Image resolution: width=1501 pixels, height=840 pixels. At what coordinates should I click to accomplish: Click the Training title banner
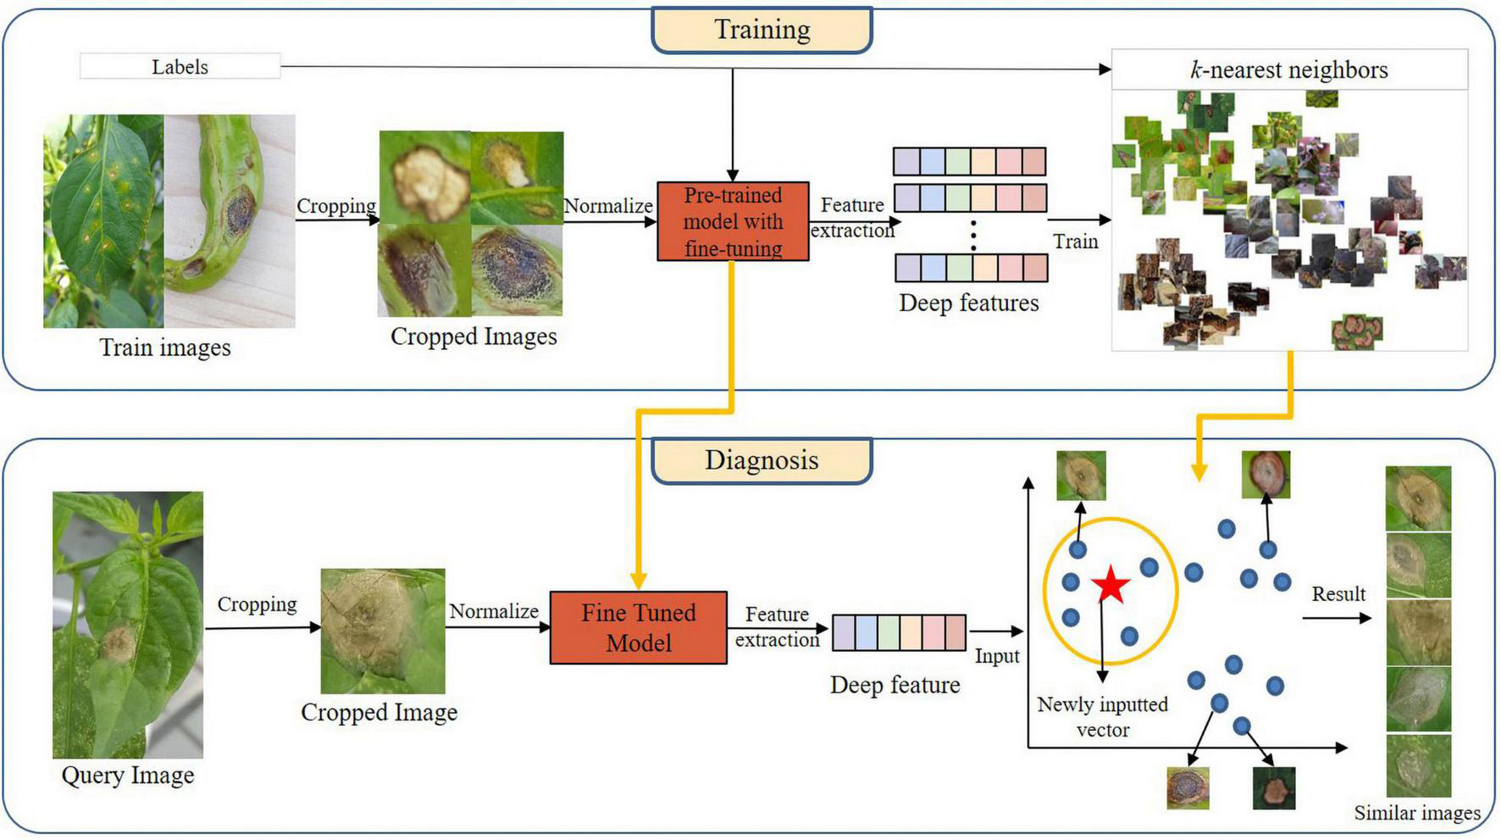click(x=762, y=31)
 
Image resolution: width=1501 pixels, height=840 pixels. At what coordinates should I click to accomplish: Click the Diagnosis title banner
click(x=762, y=460)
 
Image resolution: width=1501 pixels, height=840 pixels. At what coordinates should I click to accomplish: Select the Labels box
click(x=180, y=66)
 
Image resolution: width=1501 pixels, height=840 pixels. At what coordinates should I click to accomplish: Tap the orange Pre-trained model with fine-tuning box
click(x=733, y=221)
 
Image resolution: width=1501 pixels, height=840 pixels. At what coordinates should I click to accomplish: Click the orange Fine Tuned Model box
click(x=638, y=627)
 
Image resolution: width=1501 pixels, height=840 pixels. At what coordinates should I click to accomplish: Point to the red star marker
click(x=1111, y=585)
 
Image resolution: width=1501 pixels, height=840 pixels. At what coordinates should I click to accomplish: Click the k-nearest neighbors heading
click(x=1288, y=70)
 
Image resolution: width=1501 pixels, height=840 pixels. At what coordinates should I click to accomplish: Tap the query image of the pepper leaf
click(x=128, y=625)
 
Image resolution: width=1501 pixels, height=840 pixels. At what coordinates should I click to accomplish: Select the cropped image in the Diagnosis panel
click(x=383, y=631)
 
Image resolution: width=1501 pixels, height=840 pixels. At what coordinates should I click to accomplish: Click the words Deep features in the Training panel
click(x=969, y=303)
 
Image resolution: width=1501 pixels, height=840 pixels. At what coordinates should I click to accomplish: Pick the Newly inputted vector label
click(x=1102, y=717)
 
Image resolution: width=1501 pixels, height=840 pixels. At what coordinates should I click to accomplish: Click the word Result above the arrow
click(x=1338, y=594)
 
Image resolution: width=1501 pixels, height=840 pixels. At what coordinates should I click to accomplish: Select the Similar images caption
click(x=1416, y=813)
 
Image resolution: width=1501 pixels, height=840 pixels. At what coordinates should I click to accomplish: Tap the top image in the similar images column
click(x=1418, y=498)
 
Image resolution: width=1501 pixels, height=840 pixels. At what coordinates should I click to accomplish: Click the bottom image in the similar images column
click(x=1418, y=765)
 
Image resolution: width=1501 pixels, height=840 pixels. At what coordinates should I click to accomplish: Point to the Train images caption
click(x=165, y=348)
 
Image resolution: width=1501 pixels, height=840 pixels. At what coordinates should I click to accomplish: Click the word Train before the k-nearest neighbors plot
click(x=1075, y=242)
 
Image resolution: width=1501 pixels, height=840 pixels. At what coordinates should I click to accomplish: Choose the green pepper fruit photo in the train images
click(x=230, y=220)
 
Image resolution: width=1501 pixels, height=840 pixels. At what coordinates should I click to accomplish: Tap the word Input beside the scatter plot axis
click(x=996, y=656)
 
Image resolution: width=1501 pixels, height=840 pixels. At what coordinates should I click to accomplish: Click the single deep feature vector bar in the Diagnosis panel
click(x=899, y=632)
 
